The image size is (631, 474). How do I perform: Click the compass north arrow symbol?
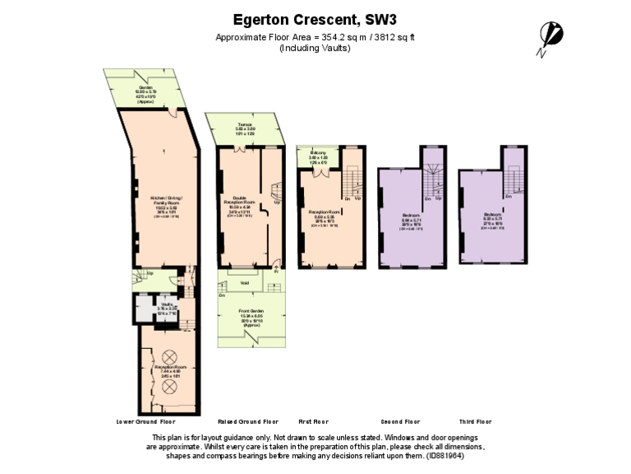click(x=550, y=36)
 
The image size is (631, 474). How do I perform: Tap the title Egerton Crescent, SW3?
click(x=315, y=19)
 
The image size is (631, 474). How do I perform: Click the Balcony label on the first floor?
click(x=318, y=154)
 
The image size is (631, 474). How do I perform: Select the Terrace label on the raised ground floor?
click(x=245, y=124)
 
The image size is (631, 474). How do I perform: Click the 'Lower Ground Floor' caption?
click(x=147, y=421)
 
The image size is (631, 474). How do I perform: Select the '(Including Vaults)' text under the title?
click(x=315, y=48)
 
